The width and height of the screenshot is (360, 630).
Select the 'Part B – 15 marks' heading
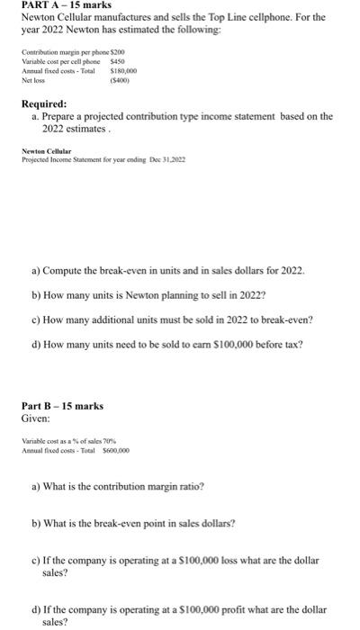(x=62, y=406)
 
